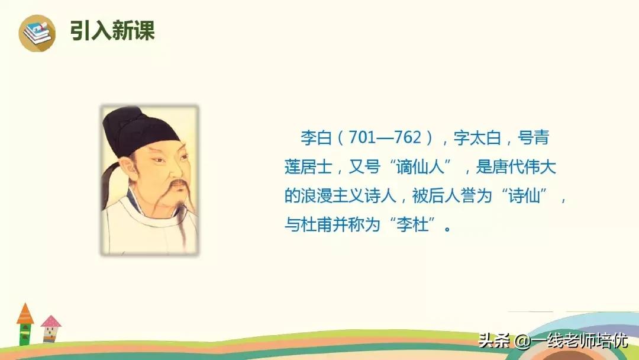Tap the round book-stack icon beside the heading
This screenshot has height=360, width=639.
(37, 33)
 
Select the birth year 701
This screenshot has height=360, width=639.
(363, 139)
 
